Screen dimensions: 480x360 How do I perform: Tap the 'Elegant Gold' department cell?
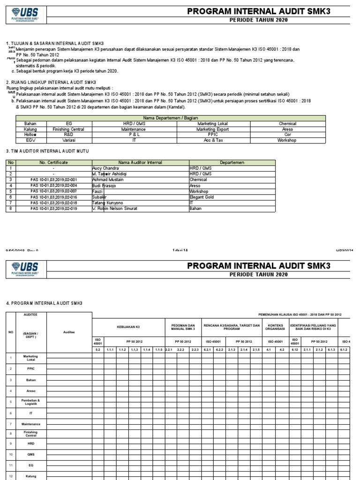click(202, 197)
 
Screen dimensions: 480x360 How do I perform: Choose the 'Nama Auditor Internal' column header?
click(140, 162)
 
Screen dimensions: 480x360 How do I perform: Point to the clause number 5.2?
click(98, 350)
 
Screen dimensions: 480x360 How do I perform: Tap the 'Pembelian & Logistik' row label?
click(28, 401)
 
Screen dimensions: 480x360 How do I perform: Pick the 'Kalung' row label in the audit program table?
click(28, 476)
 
